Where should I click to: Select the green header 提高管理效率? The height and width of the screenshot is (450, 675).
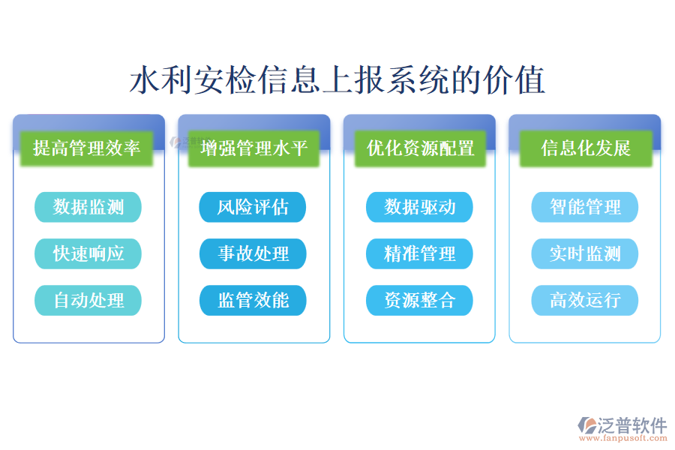pos(88,148)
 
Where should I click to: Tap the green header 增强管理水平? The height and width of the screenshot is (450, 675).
pos(253,148)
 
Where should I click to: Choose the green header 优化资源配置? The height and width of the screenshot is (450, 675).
pos(420,148)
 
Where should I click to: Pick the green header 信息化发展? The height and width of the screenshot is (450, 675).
pos(586,148)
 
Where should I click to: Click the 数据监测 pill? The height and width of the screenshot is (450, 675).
pos(88,207)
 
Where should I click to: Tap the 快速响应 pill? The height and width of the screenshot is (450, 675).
pos(88,253)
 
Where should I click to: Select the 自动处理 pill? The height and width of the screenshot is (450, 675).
pos(88,301)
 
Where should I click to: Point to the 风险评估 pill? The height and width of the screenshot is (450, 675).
pos(253,207)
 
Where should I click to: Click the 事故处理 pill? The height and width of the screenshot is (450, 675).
pos(253,253)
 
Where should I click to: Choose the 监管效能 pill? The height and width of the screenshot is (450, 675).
pos(253,301)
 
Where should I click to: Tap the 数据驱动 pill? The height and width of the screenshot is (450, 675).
pos(419,207)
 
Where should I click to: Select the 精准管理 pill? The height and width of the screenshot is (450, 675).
pos(419,253)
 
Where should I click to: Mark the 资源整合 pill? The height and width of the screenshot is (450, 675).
pos(419,301)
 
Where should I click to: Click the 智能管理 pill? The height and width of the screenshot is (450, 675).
pos(585,207)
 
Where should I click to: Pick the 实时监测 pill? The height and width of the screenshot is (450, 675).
pos(585,253)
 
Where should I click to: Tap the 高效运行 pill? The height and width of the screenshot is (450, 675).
pos(585,301)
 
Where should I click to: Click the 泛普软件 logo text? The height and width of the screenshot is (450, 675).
pos(632,425)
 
